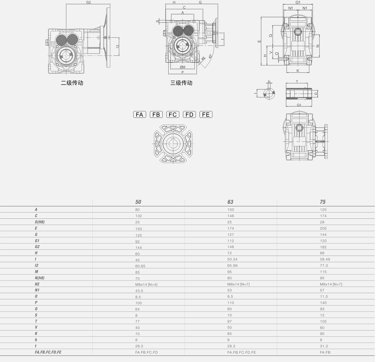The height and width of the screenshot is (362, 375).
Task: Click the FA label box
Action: [x=140, y=115]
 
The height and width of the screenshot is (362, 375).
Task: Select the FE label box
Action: [x=206, y=115]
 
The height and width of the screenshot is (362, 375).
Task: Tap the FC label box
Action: [x=173, y=115]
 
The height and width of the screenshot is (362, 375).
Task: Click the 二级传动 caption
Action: [x=72, y=83]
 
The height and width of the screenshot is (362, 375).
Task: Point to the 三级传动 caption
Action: [x=181, y=83]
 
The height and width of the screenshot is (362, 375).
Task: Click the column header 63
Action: [x=230, y=202]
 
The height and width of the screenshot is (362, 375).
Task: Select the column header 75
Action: [x=323, y=202]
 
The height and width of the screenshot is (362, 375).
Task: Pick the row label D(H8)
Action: [x=40, y=222]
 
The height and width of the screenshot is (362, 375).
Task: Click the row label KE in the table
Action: [x=37, y=284]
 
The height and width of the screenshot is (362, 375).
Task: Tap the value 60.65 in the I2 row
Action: [x=140, y=266]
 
